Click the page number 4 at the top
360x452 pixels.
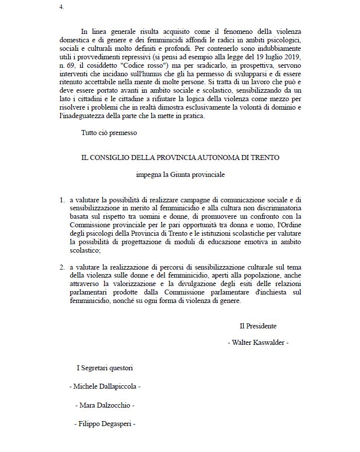(61, 7)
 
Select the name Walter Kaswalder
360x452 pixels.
(258, 342)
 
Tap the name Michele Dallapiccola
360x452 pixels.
(105, 386)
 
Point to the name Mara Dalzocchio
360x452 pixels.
(105, 405)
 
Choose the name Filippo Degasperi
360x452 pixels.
(105, 424)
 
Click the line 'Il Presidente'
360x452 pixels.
(258, 326)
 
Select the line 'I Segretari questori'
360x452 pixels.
(105, 368)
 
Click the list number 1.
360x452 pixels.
(62, 200)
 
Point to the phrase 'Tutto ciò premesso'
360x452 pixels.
(109, 133)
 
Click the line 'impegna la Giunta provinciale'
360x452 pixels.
(180, 175)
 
